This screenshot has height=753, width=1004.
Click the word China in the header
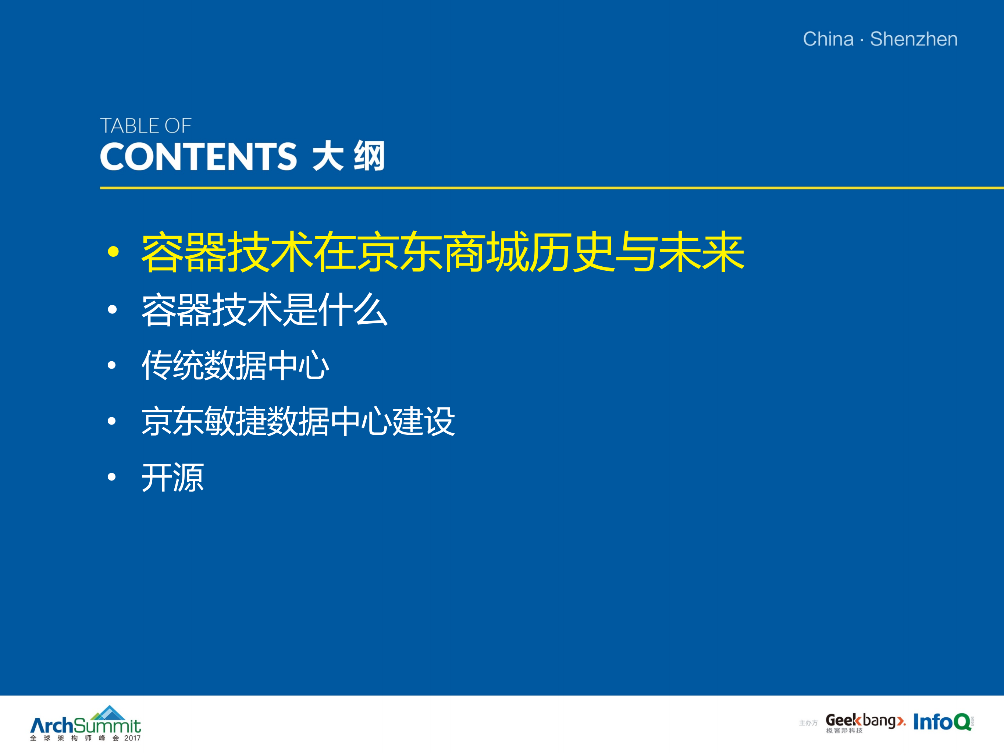(828, 39)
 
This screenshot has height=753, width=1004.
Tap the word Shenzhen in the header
(914, 39)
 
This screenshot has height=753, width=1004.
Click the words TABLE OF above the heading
(146, 126)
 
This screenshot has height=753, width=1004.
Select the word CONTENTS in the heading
(198, 157)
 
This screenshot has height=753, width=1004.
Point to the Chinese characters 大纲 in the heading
(349, 157)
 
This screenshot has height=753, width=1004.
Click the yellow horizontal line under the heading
(545, 188)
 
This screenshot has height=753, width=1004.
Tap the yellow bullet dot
(113, 252)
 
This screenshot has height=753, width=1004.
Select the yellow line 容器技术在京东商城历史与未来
(442, 252)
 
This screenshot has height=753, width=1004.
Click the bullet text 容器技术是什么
(265, 310)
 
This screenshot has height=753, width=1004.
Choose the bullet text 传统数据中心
(235, 365)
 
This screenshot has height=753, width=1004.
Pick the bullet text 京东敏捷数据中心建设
(298, 421)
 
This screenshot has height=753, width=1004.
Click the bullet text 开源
(173, 477)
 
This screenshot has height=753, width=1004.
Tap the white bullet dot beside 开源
(112, 477)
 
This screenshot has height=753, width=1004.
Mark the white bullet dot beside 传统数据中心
(112, 365)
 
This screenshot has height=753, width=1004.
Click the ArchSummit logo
(85, 724)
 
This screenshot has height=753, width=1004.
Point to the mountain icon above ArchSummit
(109, 713)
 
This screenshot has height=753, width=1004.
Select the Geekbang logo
(865, 722)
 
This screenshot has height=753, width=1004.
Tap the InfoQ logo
(942, 722)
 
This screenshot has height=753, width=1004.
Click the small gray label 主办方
(808, 723)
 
